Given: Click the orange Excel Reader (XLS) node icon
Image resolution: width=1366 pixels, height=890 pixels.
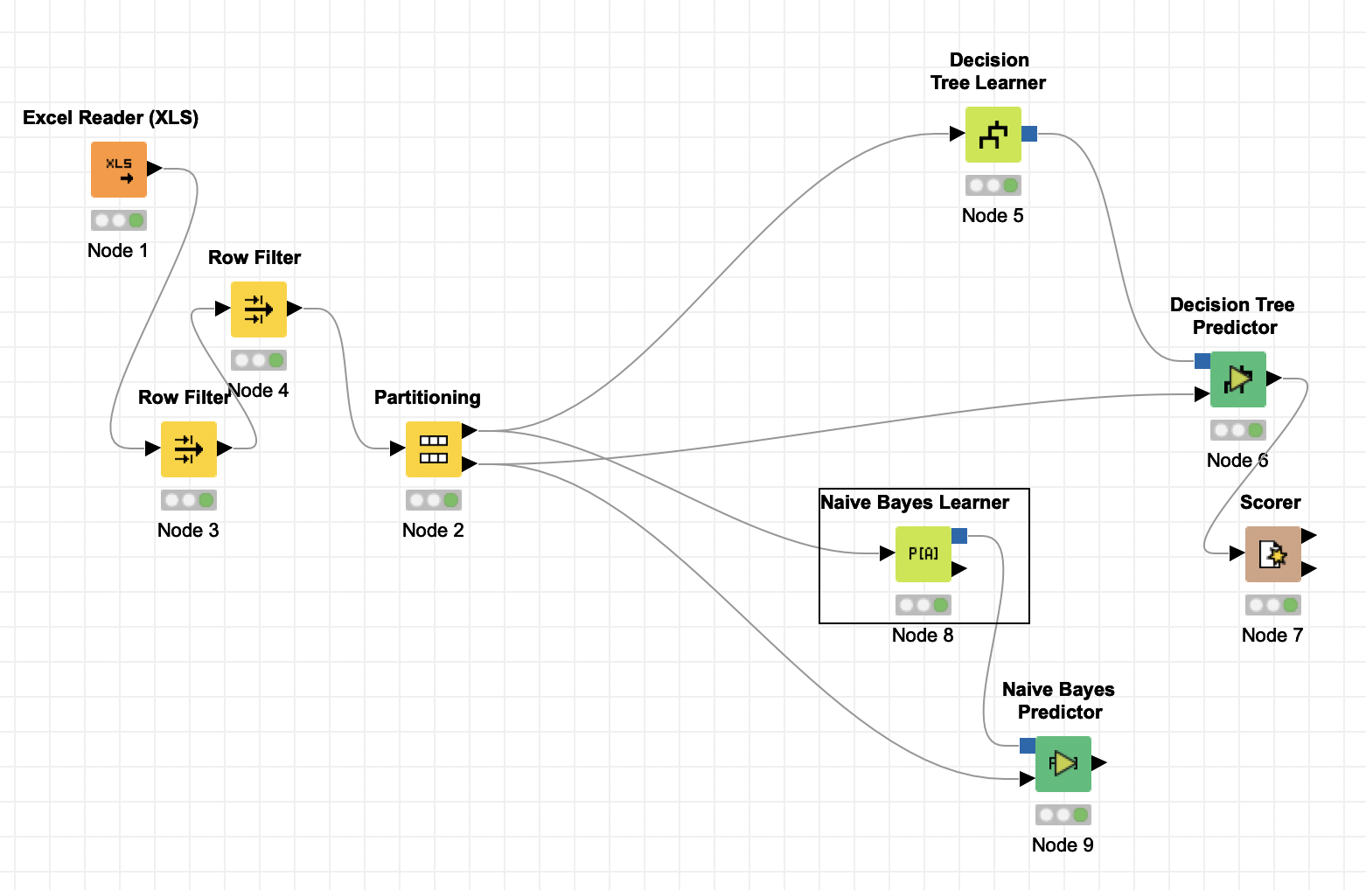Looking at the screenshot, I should tap(119, 170).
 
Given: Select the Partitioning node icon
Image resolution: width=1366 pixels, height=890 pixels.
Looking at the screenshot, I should tap(434, 449).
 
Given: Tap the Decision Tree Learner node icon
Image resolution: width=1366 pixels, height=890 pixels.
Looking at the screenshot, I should tap(993, 135).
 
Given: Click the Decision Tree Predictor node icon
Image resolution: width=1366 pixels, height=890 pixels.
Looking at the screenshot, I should tap(1238, 379).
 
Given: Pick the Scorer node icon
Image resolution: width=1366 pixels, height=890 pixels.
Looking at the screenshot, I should tap(1273, 554).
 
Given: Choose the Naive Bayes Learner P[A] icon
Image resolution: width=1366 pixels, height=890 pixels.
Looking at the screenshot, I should tap(923, 554).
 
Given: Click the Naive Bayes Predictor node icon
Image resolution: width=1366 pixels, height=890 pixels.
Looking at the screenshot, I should tap(1063, 764).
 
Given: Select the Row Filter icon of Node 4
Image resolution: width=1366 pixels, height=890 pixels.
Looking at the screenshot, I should tap(259, 309).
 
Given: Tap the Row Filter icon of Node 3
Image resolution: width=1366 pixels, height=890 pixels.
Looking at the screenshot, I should tap(189, 449).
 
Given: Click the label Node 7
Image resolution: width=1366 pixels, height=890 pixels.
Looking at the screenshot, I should tap(1272, 636).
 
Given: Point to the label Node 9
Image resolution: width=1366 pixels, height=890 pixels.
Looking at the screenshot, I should tap(1063, 845).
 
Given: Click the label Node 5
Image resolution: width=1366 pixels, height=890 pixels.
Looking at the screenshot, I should tap(993, 216).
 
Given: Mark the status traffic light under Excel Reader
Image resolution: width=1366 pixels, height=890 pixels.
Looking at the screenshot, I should tap(119, 220).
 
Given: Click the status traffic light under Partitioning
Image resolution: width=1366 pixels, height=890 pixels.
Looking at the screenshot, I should tap(434, 500).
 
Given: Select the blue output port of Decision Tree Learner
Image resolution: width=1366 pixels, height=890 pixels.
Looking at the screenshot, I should tap(1029, 134).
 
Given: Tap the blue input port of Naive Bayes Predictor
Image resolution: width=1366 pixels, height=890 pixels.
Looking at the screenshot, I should tap(1028, 746).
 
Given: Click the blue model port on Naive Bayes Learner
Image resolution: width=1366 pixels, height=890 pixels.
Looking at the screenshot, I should tap(959, 536).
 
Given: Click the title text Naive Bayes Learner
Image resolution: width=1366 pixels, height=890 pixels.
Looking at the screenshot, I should tap(915, 503).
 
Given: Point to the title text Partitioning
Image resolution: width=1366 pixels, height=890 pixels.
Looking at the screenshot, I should tap(428, 398).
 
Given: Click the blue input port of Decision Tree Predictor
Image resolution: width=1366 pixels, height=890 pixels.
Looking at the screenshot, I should tap(1202, 361).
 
